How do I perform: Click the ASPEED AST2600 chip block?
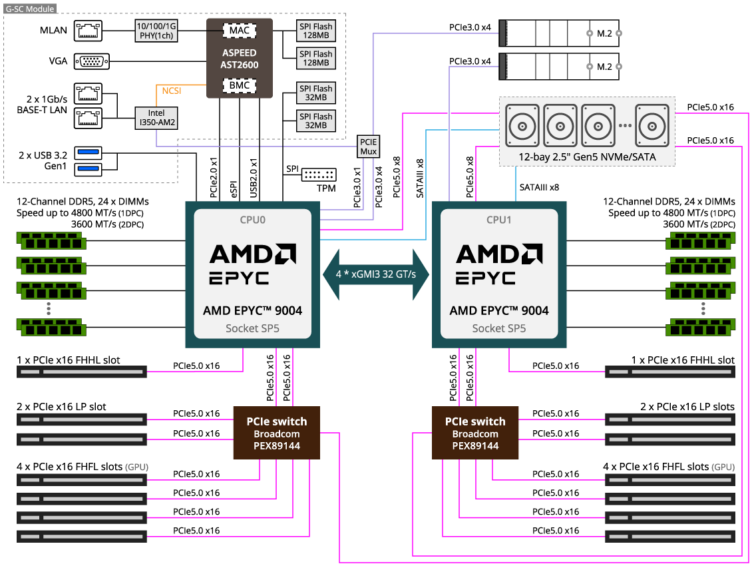point(240,58)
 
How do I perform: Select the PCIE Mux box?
point(368,146)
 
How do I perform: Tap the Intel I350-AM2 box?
point(156,118)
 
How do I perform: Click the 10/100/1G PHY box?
point(156,31)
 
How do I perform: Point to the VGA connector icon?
point(92,61)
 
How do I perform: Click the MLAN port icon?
point(88,31)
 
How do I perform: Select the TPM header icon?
point(319,174)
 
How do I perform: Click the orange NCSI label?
point(171,91)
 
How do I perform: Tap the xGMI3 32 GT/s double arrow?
point(375,274)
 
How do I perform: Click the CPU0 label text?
point(253,220)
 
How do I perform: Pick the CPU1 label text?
point(498,220)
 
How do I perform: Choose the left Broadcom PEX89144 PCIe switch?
point(277,433)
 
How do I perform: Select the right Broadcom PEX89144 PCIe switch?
point(475,433)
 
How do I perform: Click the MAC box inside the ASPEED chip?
point(240,31)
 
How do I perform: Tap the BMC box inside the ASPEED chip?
point(240,85)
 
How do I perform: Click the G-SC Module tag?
point(30,9)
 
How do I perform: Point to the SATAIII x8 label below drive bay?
point(539,187)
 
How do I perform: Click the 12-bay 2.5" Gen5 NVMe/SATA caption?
point(587,157)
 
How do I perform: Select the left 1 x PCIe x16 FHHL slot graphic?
point(82,372)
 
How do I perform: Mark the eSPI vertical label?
point(234,189)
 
